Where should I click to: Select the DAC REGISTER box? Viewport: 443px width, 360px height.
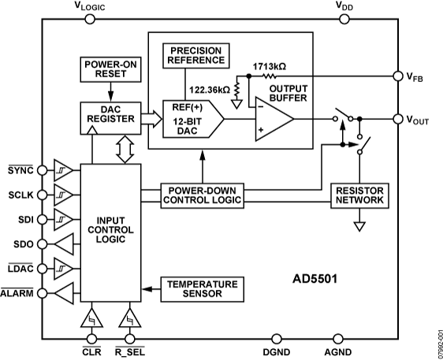pos(110,119)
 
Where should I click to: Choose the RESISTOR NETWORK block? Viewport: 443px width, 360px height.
pos(359,195)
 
